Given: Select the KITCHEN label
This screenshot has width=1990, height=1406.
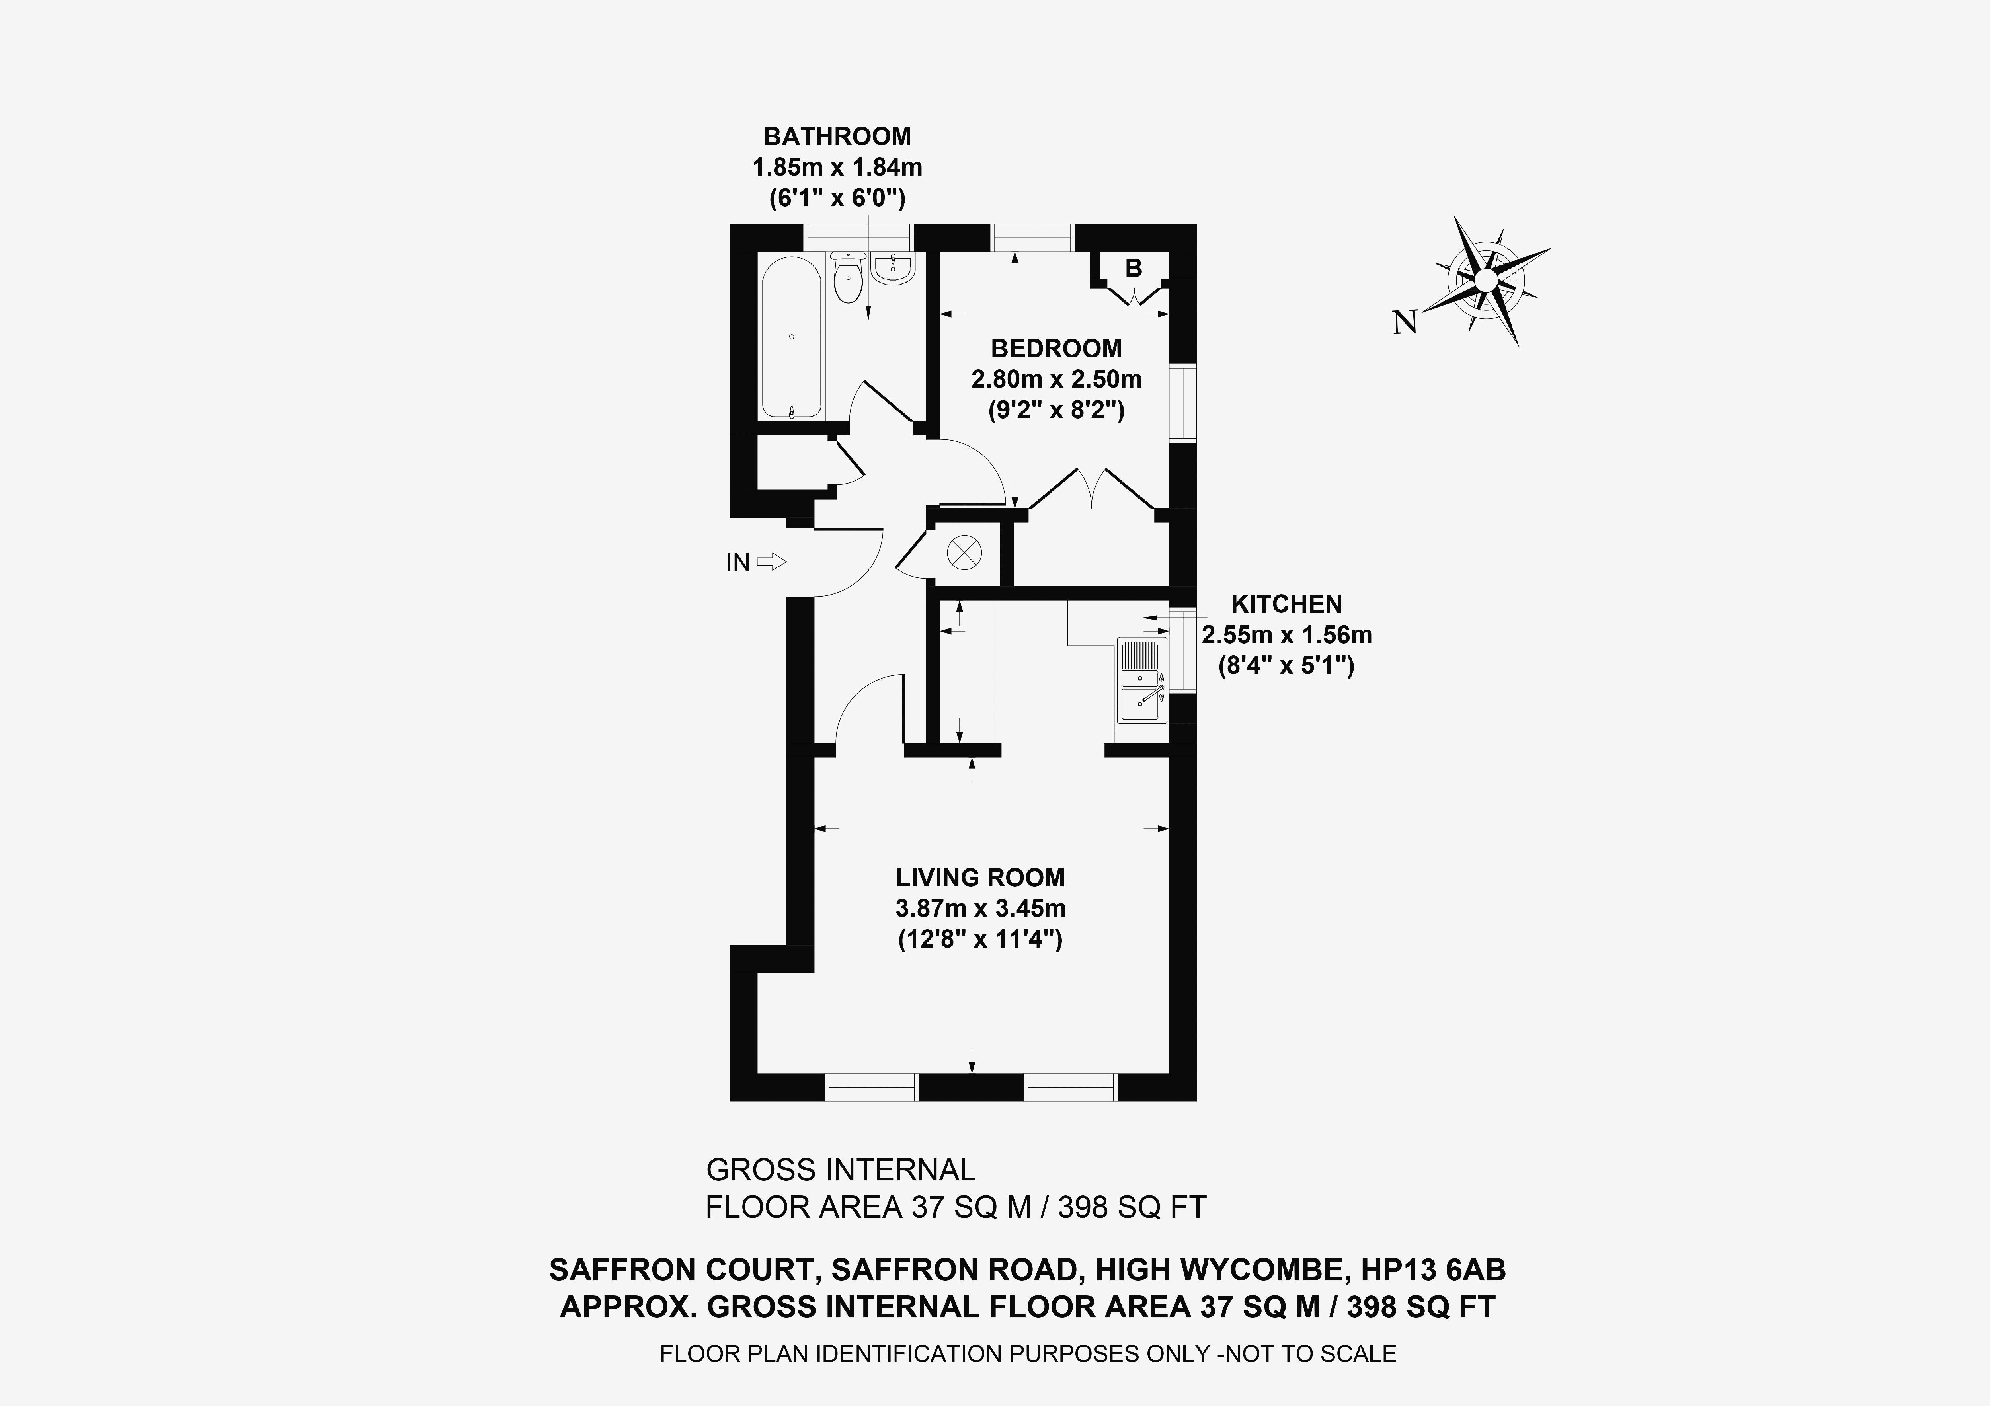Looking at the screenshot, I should (x=1286, y=604).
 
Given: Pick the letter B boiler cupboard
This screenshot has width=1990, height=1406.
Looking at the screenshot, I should (x=1133, y=269).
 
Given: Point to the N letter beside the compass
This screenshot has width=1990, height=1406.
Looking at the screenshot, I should (x=1404, y=323).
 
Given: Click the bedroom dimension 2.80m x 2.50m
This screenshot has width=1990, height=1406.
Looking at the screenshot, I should (x=1055, y=380).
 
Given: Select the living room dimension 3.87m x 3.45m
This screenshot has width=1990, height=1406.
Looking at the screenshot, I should (x=980, y=909).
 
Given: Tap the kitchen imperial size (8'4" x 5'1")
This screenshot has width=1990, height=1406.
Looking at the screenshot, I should (x=1286, y=666).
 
